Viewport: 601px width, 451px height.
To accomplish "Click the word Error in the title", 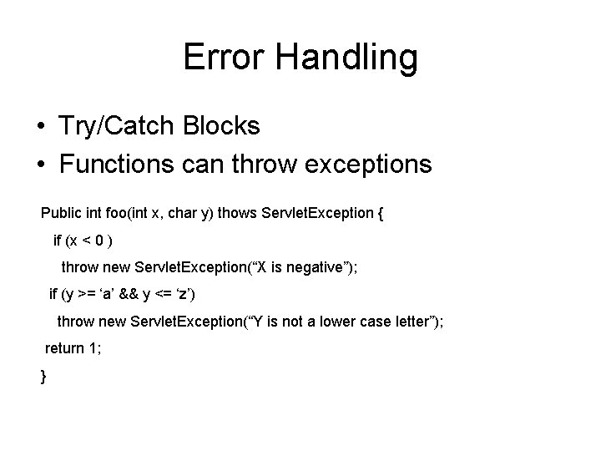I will [x=223, y=57].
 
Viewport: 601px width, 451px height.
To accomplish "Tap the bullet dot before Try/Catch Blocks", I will [x=40, y=126].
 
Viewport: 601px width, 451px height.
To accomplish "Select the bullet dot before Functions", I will [x=40, y=165].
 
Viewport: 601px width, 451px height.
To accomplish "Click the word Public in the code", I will [x=60, y=213].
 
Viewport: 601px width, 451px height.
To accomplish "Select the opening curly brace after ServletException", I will [x=381, y=213].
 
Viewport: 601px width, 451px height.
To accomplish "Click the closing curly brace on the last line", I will [x=43, y=377].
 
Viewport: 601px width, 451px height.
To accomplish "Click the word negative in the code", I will [x=308, y=267].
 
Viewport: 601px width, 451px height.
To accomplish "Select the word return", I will [x=63, y=349].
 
